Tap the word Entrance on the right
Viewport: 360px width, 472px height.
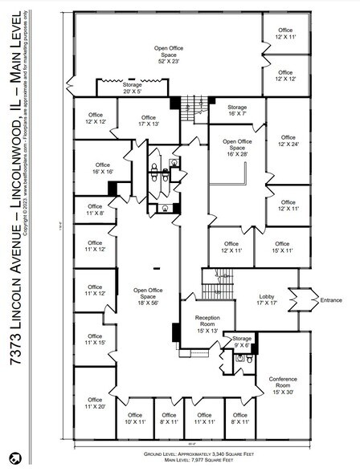click(x=331, y=300)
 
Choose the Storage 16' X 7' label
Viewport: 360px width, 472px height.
click(x=236, y=111)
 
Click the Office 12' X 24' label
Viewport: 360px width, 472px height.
click(x=287, y=141)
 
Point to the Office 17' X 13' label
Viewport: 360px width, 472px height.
click(x=149, y=120)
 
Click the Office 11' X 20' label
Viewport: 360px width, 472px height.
click(x=95, y=403)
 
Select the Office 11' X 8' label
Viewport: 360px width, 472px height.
click(x=95, y=210)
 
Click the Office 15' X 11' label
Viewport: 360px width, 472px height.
click(x=282, y=247)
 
